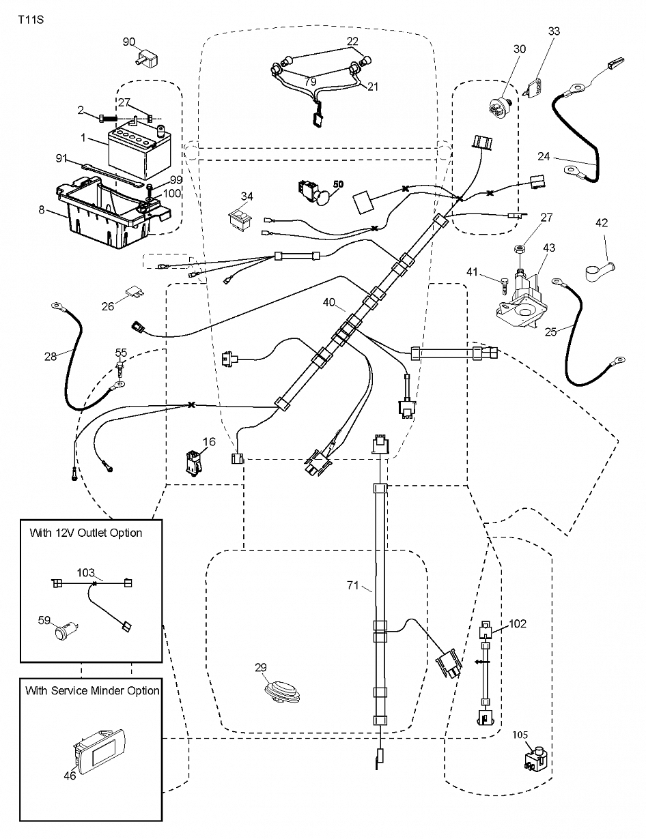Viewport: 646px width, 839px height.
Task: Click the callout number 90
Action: click(x=129, y=42)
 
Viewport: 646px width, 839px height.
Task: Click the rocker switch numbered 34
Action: click(x=240, y=221)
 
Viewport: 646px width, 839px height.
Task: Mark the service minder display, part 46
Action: click(x=99, y=753)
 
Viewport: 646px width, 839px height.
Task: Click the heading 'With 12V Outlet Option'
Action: click(x=86, y=533)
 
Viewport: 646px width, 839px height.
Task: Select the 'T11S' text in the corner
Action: click(x=31, y=19)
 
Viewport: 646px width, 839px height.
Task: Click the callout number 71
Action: click(x=353, y=585)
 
